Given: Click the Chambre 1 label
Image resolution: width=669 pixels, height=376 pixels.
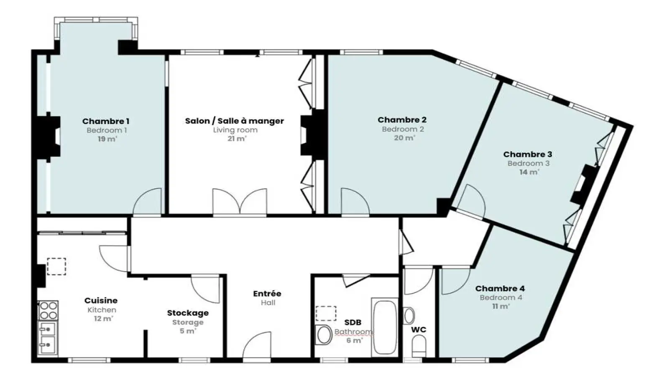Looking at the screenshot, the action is coord(106,121).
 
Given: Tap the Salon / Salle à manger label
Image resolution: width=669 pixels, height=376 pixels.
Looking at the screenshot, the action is coord(235,121).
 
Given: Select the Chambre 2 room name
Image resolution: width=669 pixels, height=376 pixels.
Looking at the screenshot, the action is coord(402,119).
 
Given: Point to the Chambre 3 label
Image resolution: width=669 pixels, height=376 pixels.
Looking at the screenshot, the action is coord(528,154).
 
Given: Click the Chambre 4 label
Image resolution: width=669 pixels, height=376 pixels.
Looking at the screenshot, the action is coord(500,289).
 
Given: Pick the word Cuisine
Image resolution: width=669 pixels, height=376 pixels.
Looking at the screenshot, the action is coord(101,300).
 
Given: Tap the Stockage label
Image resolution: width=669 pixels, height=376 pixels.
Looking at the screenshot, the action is coord(188,313).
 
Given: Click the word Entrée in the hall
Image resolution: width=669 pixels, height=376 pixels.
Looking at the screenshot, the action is coord(267,294).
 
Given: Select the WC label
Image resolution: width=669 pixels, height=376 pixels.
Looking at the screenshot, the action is coord(419,330).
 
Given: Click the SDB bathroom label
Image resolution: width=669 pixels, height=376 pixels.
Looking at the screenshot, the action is coord(353,322).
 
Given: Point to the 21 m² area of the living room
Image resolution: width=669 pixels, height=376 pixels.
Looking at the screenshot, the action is coord(237,139).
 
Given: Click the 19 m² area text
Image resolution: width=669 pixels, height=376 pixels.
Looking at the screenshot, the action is coord(107,139).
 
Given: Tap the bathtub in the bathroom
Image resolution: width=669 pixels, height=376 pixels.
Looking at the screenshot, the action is coord(385,327).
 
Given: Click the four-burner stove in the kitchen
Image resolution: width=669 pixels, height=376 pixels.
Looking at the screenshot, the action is coord(48,311).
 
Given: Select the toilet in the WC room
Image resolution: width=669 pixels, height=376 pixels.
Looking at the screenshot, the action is coord(419,346).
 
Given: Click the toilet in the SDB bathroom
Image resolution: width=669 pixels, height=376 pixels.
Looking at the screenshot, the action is coord(323,335).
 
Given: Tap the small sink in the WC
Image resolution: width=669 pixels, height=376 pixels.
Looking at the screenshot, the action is coord(409,316).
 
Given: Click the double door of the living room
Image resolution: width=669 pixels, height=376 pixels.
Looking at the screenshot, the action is coord(240,201).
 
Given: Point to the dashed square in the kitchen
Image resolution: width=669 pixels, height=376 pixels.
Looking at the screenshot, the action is coord(56,267).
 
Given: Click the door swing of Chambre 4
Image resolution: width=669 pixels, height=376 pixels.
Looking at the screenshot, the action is coord(456,282).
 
